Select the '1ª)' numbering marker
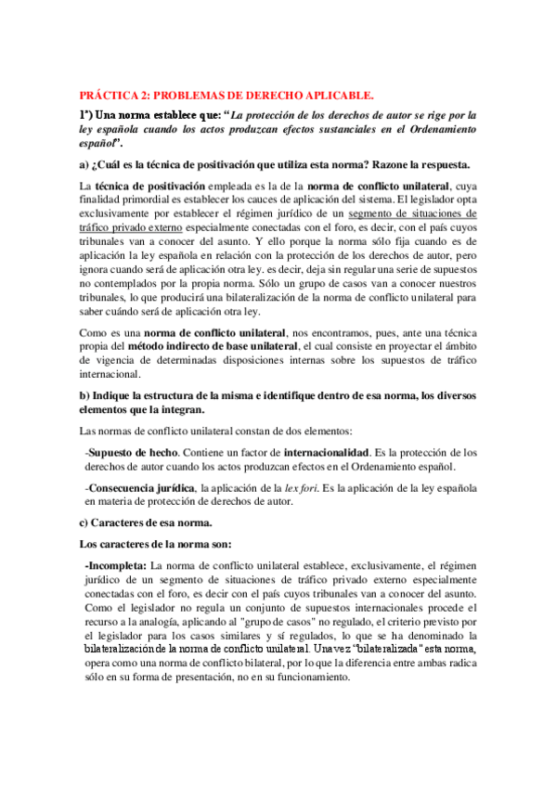pyautogui.click(x=88, y=113)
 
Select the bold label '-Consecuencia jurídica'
pyautogui.click(x=136, y=487)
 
